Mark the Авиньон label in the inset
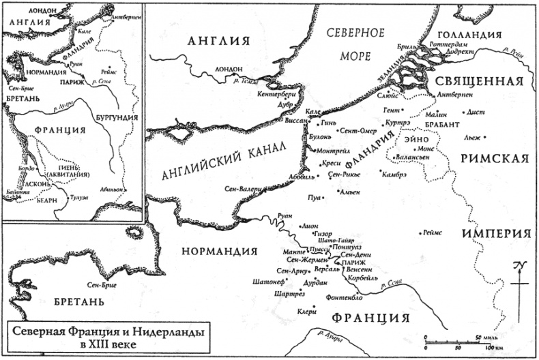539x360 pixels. coord(112,189)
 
